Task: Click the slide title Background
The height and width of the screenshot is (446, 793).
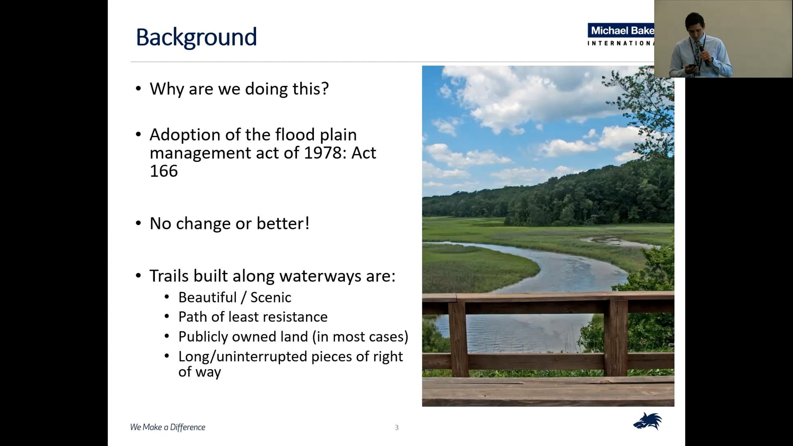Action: pyautogui.click(x=196, y=37)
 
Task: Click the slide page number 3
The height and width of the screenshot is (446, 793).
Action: pyautogui.click(x=397, y=427)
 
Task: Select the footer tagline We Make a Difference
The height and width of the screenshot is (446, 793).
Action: pyautogui.click(x=168, y=427)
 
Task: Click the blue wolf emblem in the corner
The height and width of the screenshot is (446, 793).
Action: pyautogui.click(x=648, y=421)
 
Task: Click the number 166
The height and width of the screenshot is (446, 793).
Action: pyautogui.click(x=164, y=171)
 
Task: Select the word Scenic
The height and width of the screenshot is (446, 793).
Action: pyautogui.click(x=271, y=297)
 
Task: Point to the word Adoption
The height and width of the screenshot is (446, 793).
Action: pyautogui.click(x=185, y=135)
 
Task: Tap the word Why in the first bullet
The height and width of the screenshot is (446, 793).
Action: pyautogui.click(x=167, y=89)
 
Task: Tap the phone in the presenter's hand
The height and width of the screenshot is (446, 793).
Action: pyautogui.click(x=691, y=66)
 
